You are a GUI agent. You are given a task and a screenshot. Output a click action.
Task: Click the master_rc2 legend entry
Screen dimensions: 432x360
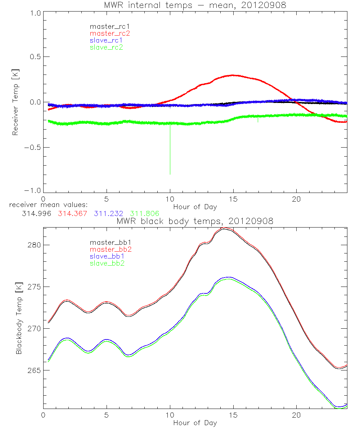coord(110,33)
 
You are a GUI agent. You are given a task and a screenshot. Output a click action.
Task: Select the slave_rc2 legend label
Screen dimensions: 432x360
coord(106,48)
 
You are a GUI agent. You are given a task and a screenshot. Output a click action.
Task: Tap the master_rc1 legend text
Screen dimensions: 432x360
coord(110,27)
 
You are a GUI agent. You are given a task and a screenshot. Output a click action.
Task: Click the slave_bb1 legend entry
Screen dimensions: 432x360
coord(106,257)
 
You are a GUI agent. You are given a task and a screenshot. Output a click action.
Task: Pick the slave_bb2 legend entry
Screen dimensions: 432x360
coord(106,264)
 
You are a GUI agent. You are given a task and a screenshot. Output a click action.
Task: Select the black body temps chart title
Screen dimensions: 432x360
coord(195,221)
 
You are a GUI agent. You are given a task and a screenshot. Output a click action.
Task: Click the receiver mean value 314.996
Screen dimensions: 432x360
coord(35,213)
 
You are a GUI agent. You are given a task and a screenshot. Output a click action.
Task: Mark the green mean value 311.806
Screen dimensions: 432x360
coord(145,213)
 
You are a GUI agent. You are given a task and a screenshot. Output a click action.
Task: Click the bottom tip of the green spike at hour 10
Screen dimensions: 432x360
coord(170,174)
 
